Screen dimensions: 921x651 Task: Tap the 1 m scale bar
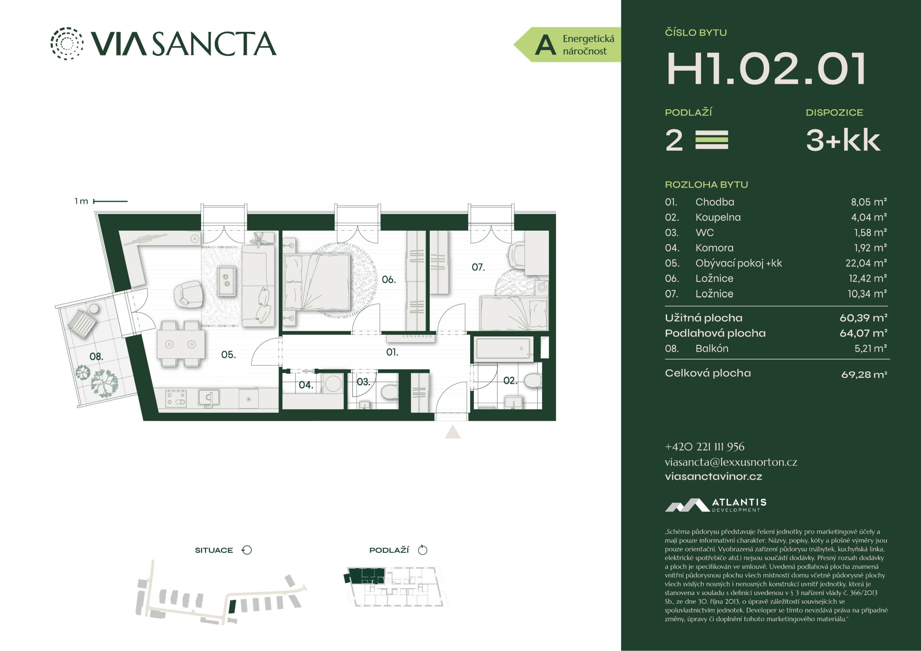tap(110, 201)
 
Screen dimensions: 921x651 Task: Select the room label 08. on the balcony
tap(96, 356)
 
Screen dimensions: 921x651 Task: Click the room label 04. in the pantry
tap(306, 385)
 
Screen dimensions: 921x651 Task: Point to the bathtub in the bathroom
tap(504, 348)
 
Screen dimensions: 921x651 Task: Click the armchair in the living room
tap(188, 294)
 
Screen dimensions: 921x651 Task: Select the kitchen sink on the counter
tap(209, 398)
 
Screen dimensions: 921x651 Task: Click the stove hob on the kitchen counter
tap(176, 398)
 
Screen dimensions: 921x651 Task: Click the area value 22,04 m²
tap(867, 263)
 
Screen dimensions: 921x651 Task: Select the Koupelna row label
tap(718, 218)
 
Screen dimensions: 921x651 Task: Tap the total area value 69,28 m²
tap(864, 375)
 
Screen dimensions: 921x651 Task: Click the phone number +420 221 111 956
tap(705, 447)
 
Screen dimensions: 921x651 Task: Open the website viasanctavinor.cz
tap(713, 476)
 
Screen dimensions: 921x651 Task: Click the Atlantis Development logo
tap(716, 505)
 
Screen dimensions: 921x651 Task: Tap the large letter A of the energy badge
tap(546, 44)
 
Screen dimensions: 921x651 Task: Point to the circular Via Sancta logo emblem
tap(67, 43)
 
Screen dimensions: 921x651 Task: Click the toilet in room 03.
tap(389, 392)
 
